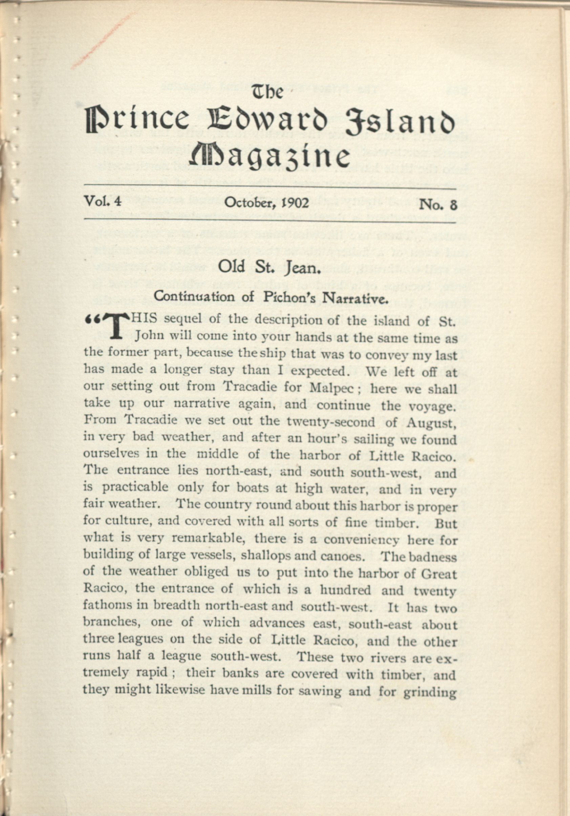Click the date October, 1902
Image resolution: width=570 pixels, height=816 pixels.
coord(267,203)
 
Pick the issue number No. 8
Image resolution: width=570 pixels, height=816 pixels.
coord(438,204)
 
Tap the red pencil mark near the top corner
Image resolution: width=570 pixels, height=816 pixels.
coord(103,41)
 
